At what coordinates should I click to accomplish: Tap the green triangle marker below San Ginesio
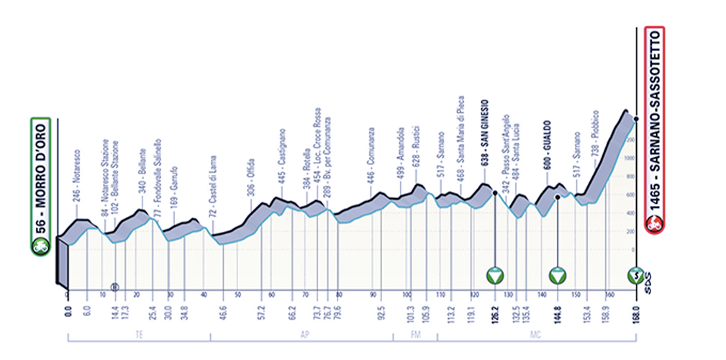click(494, 275)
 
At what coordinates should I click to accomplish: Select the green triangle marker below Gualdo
click(558, 275)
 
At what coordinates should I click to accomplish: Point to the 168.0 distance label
click(635, 312)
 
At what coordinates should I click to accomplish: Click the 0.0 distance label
click(68, 312)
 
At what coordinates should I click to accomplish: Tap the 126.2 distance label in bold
click(494, 312)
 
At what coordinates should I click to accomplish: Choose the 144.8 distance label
click(558, 312)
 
